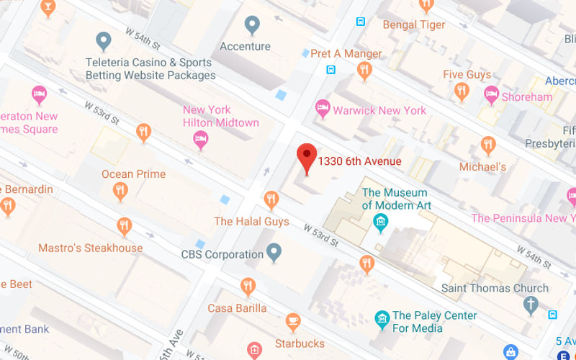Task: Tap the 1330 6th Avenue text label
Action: [359, 161]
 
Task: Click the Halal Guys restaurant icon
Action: [271, 199]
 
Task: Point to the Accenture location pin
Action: [251, 25]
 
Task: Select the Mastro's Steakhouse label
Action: [91, 248]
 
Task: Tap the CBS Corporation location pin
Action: [274, 252]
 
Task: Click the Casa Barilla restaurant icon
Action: [248, 286]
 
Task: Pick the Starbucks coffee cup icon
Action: [293, 321]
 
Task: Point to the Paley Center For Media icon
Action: [382, 318]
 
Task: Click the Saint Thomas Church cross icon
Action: [531, 305]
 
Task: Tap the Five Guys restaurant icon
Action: [462, 91]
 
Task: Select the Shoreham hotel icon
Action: [492, 94]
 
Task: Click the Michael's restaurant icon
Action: [488, 145]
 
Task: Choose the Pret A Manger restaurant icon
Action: [364, 70]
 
